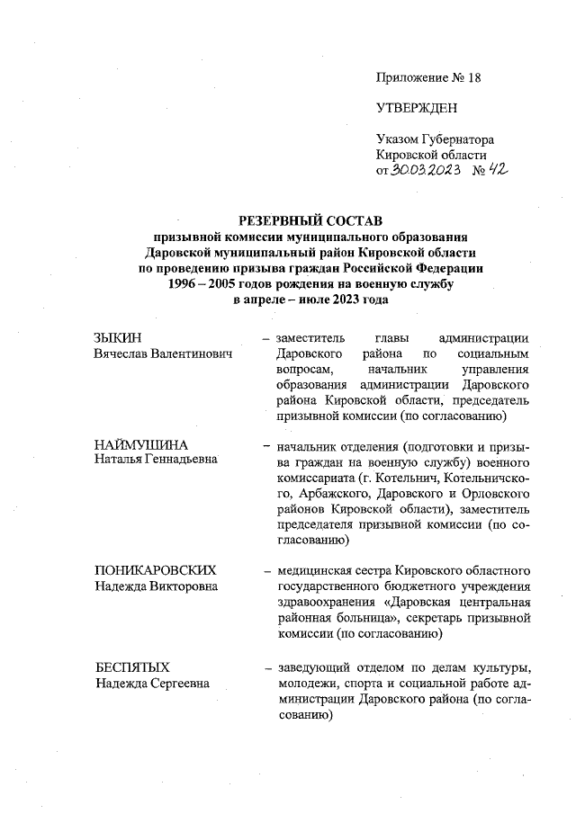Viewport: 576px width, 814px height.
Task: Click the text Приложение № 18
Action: (428, 77)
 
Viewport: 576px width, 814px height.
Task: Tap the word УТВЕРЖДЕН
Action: (417, 109)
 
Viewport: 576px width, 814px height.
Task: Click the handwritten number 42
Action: (493, 170)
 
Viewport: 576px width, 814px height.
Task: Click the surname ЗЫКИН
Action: (117, 338)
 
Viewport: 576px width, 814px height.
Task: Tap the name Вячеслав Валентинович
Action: (163, 353)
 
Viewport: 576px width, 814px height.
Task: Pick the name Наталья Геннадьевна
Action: (157, 461)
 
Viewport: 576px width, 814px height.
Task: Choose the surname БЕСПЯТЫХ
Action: (132, 667)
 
